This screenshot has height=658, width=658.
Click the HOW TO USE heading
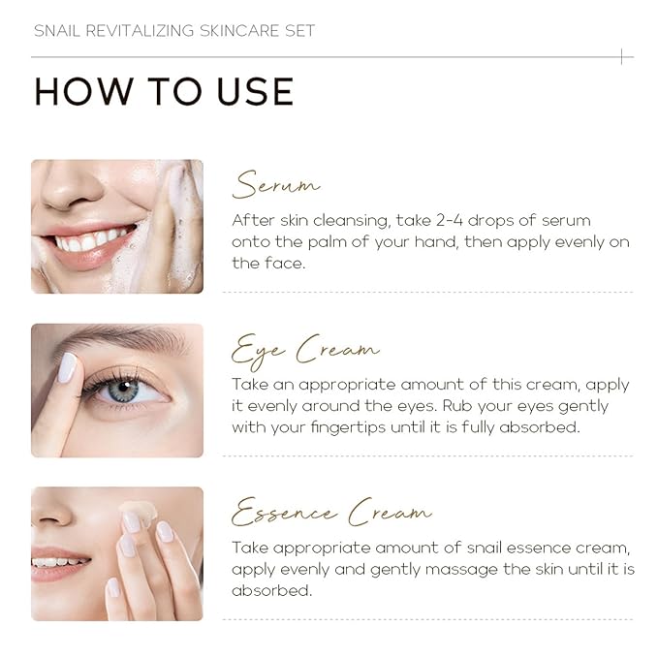coord(164,91)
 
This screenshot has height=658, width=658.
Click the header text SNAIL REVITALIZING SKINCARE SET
coord(174,30)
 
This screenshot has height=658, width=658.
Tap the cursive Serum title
coord(276,184)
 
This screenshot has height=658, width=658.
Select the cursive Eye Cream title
coord(305,348)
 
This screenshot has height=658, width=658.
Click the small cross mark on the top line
coord(621,57)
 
